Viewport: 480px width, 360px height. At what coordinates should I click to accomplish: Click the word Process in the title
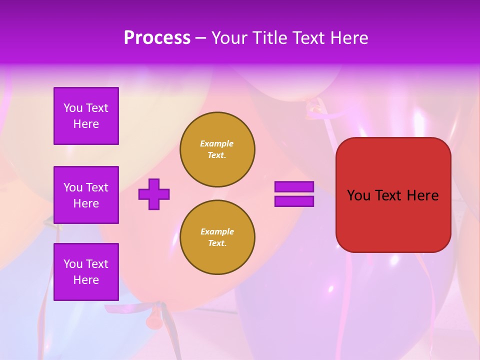tap(157, 38)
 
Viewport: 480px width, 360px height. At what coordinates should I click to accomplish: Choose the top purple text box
tap(86, 116)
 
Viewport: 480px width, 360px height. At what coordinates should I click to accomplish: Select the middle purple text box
tap(86, 195)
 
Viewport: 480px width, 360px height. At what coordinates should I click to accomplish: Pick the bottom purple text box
tap(86, 271)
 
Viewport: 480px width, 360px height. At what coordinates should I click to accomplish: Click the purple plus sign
tap(154, 194)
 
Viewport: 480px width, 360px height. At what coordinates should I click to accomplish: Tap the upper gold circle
tap(217, 149)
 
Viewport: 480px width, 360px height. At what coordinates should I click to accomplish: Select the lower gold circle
tap(217, 237)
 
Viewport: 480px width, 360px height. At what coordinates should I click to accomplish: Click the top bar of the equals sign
tap(294, 186)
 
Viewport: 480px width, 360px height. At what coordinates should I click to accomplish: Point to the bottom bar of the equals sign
tap(294, 201)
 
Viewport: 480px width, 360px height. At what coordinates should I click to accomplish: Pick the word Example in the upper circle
tap(216, 143)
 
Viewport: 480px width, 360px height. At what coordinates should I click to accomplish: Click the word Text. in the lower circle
tap(217, 243)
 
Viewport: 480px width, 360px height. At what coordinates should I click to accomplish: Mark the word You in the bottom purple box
tap(72, 264)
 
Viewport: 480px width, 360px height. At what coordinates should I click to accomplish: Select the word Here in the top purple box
tap(86, 124)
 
